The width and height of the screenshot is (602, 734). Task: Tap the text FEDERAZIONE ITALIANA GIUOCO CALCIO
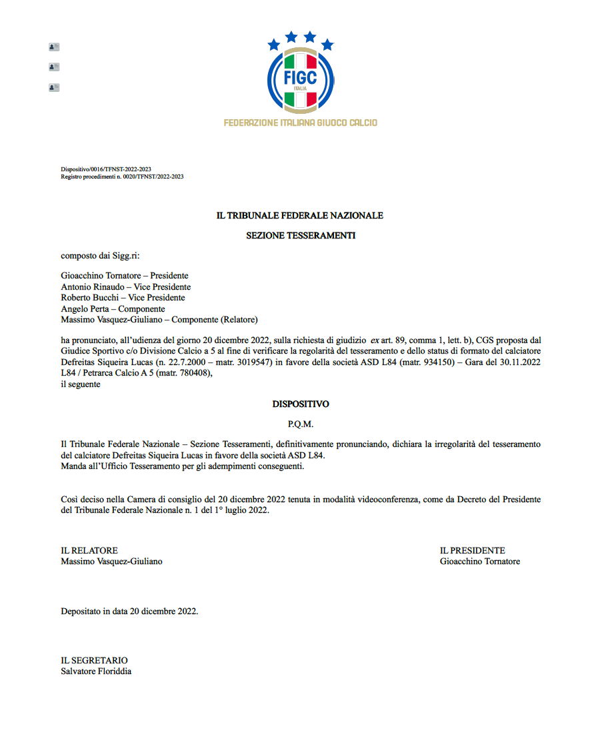point(301,123)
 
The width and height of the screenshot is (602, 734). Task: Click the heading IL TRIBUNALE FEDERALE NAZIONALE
point(300,216)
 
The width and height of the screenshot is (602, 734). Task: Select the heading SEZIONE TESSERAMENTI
point(301,236)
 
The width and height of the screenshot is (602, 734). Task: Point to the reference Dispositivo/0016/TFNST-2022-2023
point(105,170)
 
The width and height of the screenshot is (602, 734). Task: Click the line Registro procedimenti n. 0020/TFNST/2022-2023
point(122,177)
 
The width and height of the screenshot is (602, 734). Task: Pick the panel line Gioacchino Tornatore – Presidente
point(125,276)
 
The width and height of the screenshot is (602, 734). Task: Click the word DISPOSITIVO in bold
point(301,404)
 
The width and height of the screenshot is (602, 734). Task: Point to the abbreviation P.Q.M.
point(301,424)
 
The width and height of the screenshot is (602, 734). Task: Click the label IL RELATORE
point(89,551)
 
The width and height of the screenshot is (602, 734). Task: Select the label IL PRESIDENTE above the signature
point(473,551)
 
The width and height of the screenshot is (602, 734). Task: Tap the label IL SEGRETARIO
point(94,660)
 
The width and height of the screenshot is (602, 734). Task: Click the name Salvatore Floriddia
point(96,671)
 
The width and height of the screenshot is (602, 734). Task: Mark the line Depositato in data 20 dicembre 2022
point(129,611)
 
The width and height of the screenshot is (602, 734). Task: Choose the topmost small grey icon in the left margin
point(54,47)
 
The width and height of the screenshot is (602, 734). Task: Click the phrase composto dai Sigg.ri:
point(101,255)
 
